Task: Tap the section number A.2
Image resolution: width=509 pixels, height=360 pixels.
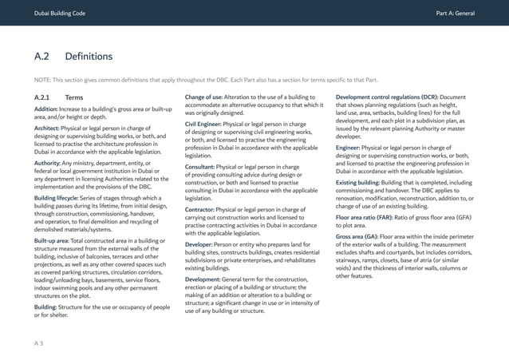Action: click(42, 57)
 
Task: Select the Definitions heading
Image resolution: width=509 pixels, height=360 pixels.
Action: click(89, 57)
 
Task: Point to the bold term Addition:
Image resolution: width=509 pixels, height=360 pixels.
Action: click(45, 109)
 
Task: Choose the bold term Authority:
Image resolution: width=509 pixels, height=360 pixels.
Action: click(47, 163)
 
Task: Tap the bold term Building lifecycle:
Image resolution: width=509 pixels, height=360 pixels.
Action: click(59, 198)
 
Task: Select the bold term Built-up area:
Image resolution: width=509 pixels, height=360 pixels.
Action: click(53, 240)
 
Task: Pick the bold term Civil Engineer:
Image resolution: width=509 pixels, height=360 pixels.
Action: click(203, 125)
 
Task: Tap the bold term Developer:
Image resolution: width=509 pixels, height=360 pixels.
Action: click(202, 243)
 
